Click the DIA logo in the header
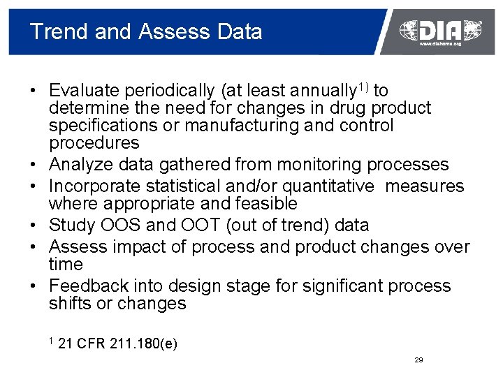pos(440,29)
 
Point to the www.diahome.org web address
pos(440,44)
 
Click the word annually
pos(324,91)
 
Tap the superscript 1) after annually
pos(365,87)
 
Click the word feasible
pos(268,204)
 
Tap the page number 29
pos(418,360)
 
